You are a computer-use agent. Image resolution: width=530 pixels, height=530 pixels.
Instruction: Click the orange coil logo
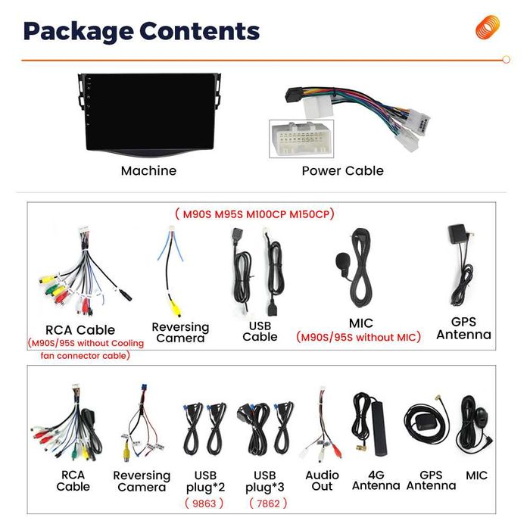point(488,27)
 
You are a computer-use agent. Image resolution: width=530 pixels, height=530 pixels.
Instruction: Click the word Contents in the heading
point(199,31)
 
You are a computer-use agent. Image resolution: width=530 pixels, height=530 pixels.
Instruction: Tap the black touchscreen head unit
point(149,115)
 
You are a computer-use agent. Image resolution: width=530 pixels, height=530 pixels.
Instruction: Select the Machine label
point(148,170)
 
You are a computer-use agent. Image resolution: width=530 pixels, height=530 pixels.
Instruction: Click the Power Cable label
point(343,170)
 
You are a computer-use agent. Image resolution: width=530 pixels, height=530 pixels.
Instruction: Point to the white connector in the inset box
point(301,139)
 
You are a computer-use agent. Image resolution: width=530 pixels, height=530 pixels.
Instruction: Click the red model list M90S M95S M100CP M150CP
point(255,214)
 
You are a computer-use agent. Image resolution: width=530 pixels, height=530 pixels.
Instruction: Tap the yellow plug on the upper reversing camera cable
point(176,309)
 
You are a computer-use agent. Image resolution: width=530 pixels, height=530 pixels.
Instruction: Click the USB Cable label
point(260,332)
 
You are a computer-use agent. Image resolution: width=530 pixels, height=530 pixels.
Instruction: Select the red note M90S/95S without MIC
point(358,337)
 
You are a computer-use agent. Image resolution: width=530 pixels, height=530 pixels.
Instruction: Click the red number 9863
point(204,503)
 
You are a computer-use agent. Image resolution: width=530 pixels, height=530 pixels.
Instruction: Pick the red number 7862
point(268,503)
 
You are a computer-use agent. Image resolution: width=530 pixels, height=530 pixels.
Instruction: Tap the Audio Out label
point(322,481)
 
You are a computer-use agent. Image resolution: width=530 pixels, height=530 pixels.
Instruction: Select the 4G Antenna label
point(376,480)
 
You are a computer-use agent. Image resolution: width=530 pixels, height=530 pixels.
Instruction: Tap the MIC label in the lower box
point(476,475)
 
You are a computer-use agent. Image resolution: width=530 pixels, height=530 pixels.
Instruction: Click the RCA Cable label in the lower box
point(73,481)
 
